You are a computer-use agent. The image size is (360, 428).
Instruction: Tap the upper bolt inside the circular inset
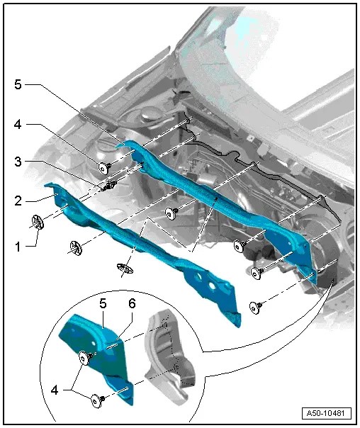pyautogui.click(x=85, y=359)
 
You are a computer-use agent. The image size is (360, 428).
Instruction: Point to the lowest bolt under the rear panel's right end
pyautogui.click(x=256, y=306)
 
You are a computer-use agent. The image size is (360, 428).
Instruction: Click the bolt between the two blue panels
pyautogui.click(x=170, y=212)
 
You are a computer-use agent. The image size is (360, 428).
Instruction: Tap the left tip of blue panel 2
pyautogui.click(x=47, y=187)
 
